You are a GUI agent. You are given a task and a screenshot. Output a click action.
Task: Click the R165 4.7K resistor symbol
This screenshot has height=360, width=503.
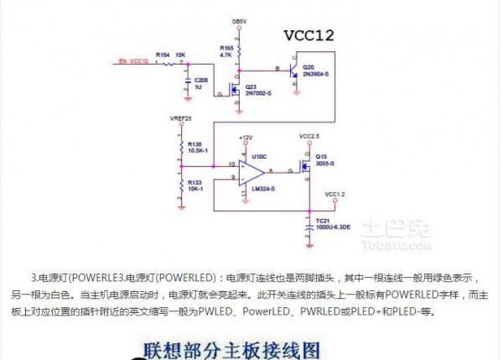point(238,52)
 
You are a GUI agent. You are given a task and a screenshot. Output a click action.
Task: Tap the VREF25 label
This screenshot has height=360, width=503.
point(181,119)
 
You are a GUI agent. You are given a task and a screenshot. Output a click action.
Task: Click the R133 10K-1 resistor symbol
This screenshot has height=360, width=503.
point(180,183)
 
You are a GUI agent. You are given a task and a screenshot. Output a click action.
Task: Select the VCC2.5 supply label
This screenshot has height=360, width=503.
point(309,136)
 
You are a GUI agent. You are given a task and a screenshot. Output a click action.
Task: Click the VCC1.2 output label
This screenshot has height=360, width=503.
point(334,194)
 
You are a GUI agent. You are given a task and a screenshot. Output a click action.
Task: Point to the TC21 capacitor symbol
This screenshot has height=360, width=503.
point(309,220)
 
